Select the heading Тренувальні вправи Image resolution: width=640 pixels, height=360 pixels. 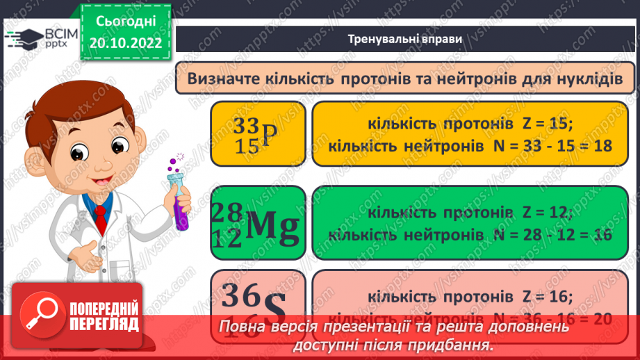[x=404, y=39]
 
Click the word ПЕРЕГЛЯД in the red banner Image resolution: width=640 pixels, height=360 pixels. [x=104, y=324]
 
